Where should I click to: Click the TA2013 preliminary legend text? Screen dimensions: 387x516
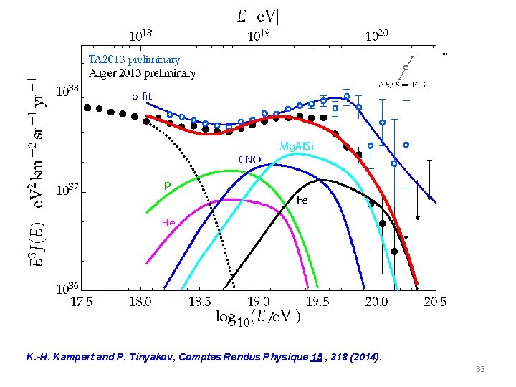click(x=134, y=59)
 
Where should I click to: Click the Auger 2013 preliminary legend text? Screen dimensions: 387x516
click(x=142, y=72)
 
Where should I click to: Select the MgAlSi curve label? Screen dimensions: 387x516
click(x=296, y=145)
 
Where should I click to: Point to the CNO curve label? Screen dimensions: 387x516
click(x=249, y=158)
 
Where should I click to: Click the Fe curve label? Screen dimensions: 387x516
click(x=302, y=201)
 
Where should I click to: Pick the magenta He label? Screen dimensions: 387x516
click(x=168, y=222)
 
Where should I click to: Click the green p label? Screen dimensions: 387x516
click(x=167, y=185)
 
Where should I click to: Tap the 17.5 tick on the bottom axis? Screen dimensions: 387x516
click(x=82, y=302)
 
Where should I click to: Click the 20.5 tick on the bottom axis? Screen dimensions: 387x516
click(x=434, y=302)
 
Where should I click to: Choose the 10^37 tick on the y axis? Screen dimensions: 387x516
click(x=68, y=191)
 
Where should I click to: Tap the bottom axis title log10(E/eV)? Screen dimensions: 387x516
click(x=258, y=317)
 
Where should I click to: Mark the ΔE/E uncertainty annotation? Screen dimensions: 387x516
click(x=402, y=84)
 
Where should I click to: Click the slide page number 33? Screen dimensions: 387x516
click(x=480, y=368)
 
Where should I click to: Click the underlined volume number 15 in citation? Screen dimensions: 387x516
click(x=315, y=356)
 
